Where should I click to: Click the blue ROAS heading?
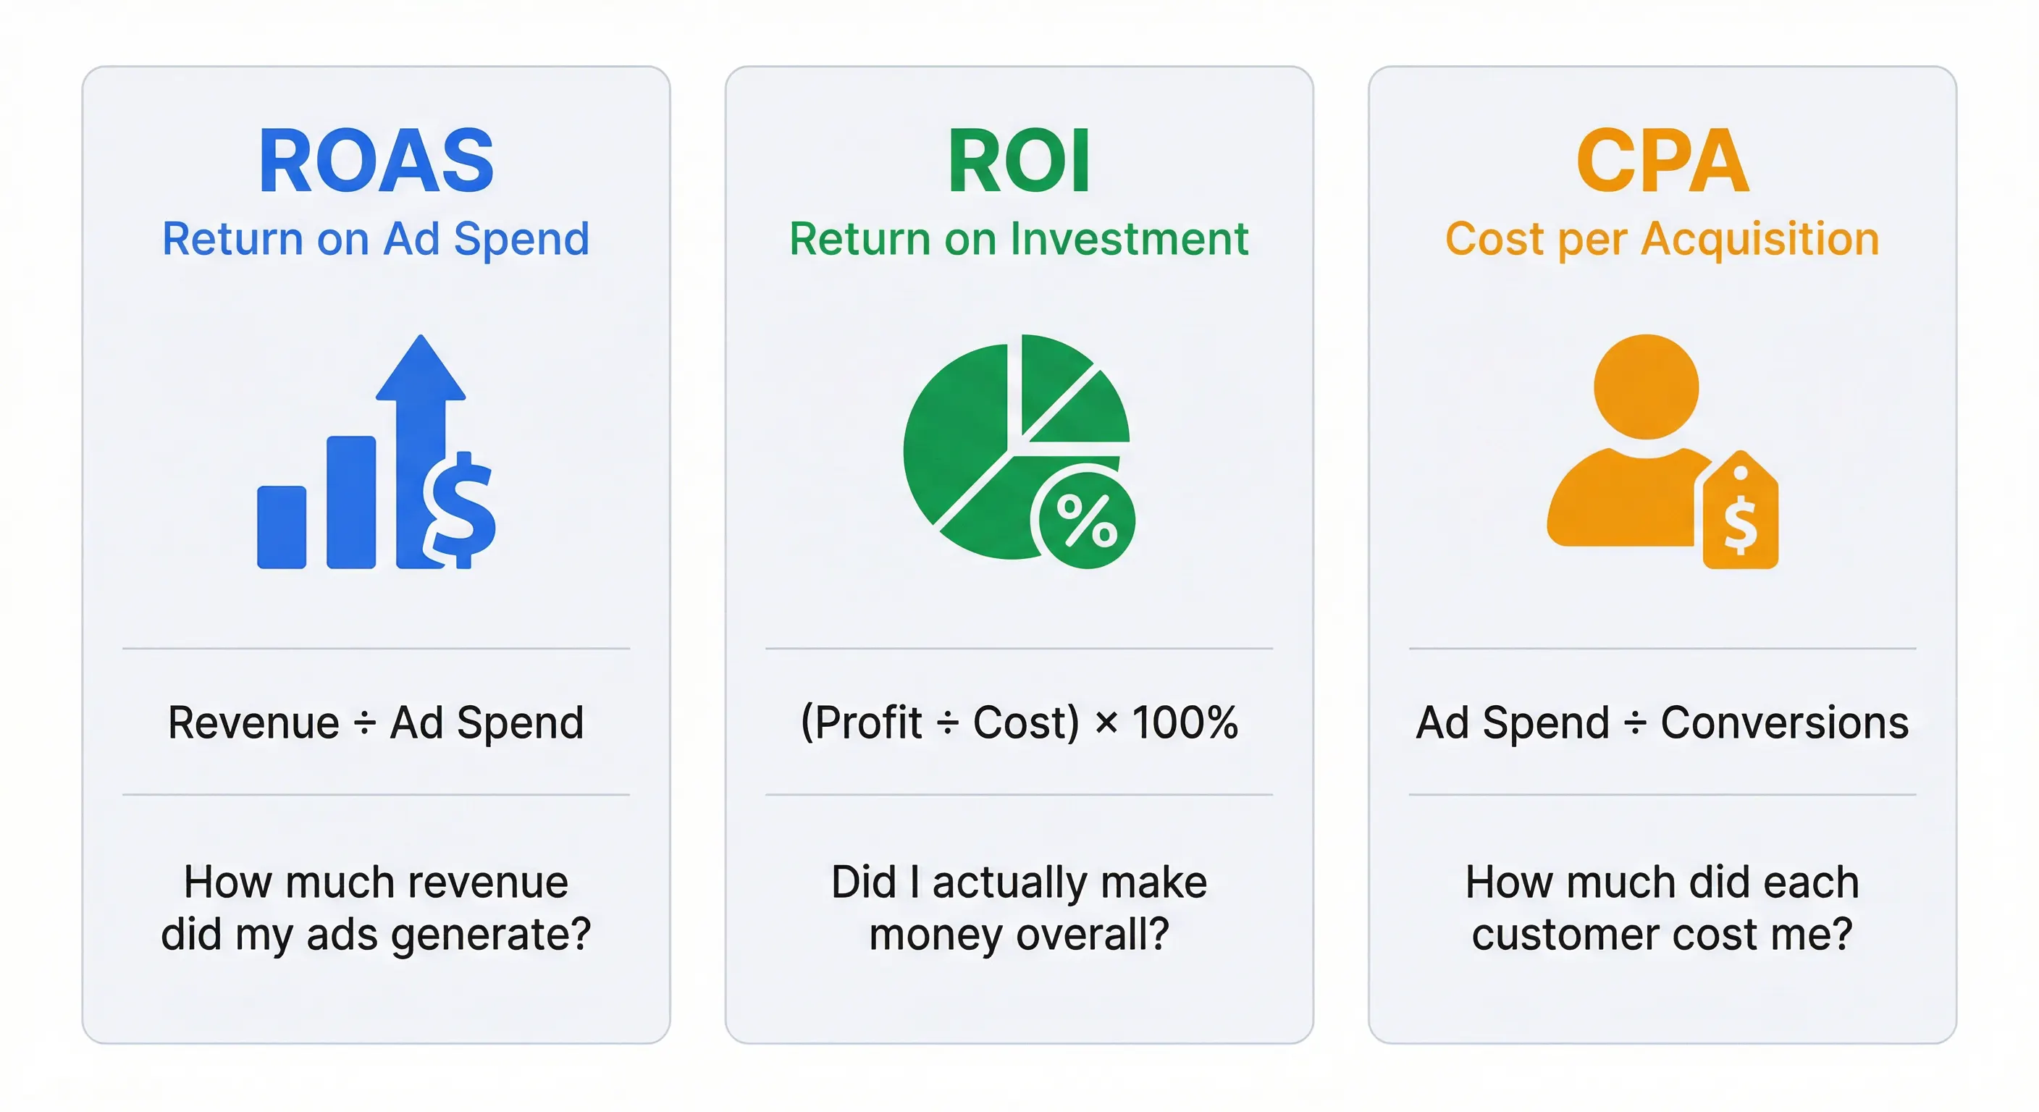(x=376, y=161)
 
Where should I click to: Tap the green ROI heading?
(x=1019, y=161)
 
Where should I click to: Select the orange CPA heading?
(x=1662, y=161)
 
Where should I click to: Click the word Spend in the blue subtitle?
(x=521, y=239)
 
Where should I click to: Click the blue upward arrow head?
(x=420, y=368)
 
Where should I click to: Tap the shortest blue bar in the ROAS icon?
(x=282, y=527)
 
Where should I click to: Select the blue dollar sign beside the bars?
(x=460, y=510)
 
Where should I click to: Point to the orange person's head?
(x=1646, y=387)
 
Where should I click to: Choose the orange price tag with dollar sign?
(x=1741, y=515)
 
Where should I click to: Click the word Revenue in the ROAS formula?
(x=254, y=723)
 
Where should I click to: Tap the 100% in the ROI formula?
(x=1185, y=723)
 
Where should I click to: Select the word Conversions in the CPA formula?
(x=1784, y=723)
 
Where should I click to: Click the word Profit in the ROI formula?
(x=868, y=723)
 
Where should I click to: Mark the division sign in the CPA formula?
(x=1634, y=723)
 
